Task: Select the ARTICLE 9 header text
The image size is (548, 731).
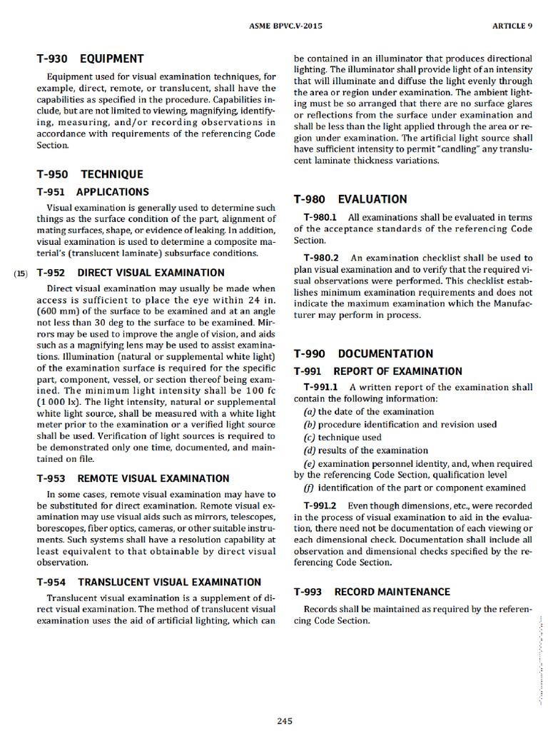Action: coord(512,26)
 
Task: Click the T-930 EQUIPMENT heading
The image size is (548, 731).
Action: coord(90,59)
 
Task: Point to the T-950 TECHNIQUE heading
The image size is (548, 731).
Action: coord(90,174)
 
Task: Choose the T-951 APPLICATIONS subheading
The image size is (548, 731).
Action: coord(93,191)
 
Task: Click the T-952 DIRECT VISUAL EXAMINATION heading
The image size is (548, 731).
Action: coord(131,273)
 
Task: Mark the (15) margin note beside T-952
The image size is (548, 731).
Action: coord(21,273)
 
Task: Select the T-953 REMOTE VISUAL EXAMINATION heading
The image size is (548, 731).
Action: coord(133,478)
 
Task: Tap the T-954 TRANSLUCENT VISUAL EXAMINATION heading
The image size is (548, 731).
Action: coord(149,582)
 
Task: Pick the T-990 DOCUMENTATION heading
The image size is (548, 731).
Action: coord(363,353)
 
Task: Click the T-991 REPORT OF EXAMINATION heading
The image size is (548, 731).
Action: coord(378,371)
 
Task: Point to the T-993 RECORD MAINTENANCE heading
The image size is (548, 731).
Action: coord(372,592)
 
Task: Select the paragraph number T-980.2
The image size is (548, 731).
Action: coord(321,258)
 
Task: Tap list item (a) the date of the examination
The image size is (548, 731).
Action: coord(369,412)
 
